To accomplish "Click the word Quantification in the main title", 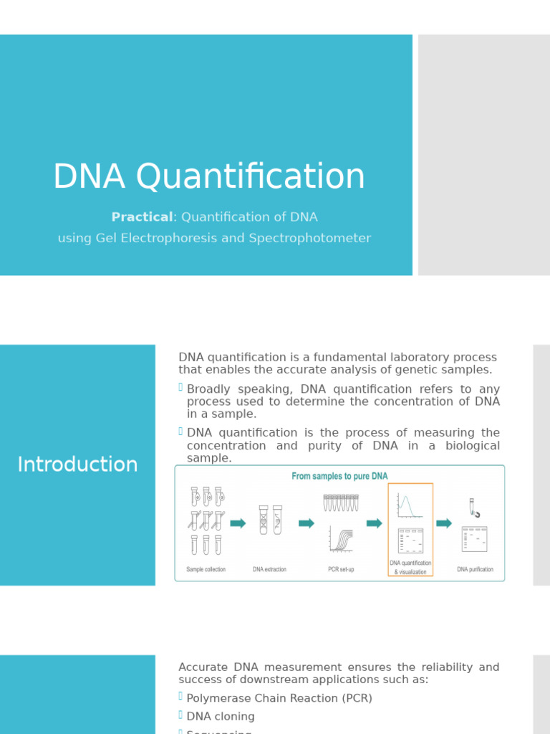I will pyautogui.click(x=250, y=177).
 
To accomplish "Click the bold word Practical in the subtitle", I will pyautogui.click(x=142, y=216).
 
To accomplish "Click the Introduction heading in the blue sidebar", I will pyautogui.click(x=77, y=464).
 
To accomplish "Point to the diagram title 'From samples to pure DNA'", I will pyautogui.click(x=339, y=477).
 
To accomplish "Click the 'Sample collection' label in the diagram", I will pyautogui.click(x=206, y=570).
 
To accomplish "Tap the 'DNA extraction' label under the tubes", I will pyautogui.click(x=269, y=570).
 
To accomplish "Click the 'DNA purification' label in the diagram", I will pyautogui.click(x=475, y=570).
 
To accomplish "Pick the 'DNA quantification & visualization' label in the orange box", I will pyautogui.click(x=410, y=568).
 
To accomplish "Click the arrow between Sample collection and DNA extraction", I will pyautogui.click(x=238, y=523).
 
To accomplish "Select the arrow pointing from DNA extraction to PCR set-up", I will pyautogui.click(x=307, y=523).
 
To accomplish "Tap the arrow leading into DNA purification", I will pyautogui.click(x=444, y=523).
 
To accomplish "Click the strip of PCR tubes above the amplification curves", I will pyautogui.click(x=340, y=502).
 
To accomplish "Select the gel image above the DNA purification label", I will pyautogui.click(x=474, y=539).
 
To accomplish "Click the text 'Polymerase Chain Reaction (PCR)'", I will pyautogui.click(x=279, y=698).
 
